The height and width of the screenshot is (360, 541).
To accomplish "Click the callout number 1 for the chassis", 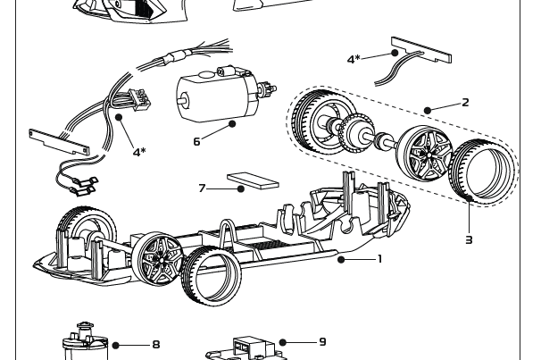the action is coord(380,259).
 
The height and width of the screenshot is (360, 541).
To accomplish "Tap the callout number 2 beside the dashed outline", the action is coord(465,103).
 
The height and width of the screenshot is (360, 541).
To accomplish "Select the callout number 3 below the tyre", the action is coord(469,239).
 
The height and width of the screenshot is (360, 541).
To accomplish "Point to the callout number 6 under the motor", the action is coord(196,141).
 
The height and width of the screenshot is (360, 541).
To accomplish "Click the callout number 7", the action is coord(202,188).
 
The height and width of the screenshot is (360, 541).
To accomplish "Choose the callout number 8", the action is coord(156,344).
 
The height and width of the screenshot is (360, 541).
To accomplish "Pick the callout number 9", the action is coord(322,342).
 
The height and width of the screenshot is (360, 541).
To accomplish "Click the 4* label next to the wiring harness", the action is coord(139,152).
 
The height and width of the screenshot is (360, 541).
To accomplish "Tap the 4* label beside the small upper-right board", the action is coord(354,59).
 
